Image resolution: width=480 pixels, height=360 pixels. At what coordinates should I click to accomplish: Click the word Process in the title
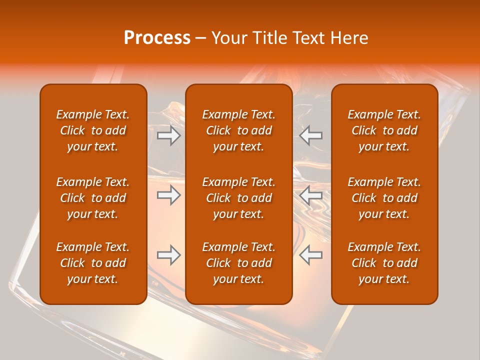point(157,38)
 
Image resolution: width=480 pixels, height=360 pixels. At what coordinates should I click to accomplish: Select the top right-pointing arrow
point(168,135)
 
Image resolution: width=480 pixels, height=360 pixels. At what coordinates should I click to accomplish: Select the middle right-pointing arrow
point(168,195)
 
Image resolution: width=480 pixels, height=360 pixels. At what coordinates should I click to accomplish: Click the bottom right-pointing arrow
point(168,255)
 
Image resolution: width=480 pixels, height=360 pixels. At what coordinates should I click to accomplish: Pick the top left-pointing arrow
point(311,135)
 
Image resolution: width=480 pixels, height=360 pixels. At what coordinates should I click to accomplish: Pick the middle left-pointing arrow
point(311,195)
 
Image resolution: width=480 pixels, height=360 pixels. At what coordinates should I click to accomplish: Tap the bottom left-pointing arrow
point(311,255)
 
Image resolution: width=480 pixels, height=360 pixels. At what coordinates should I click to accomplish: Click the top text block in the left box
point(93,130)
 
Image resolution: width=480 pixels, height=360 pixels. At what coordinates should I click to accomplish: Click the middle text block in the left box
point(93,198)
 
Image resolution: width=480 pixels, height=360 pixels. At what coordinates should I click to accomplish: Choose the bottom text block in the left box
point(93,263)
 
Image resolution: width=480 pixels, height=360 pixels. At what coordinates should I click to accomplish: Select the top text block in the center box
point(238,130)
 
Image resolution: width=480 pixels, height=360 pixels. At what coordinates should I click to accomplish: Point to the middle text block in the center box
point(238,198)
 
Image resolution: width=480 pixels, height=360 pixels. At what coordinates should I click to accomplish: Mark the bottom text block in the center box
point(238,263)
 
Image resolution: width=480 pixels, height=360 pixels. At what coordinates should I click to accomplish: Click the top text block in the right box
point(384,130)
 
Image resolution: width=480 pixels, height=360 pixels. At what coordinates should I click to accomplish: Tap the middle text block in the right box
point(384,198)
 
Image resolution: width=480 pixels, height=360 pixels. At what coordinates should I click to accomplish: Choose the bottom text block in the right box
point(384,263)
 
